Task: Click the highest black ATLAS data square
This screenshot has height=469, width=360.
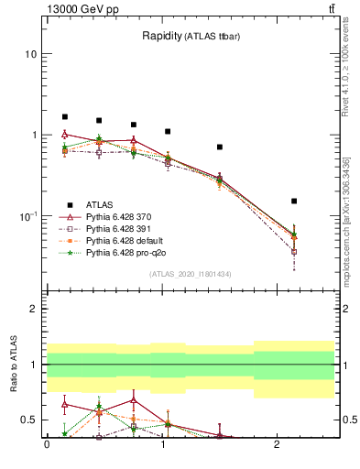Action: (x=65, y=117)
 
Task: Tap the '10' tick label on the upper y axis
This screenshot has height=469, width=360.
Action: (x=30, y=54)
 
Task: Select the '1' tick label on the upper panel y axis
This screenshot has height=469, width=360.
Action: (x=33, y=136)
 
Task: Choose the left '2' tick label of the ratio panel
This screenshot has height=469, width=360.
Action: (x=33, y=309)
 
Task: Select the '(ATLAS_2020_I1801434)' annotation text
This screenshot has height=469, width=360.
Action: (x=191, y=275)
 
